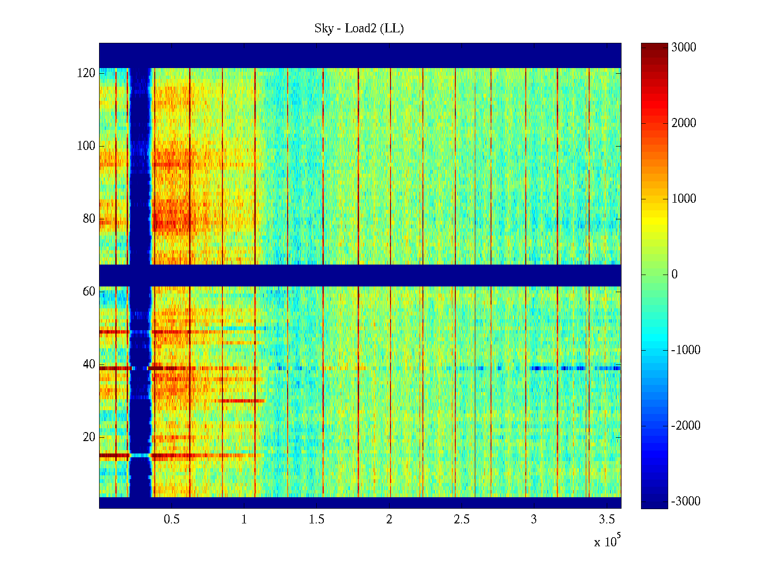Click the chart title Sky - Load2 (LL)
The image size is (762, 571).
point(359,29)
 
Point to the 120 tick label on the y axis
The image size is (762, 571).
point(86,73)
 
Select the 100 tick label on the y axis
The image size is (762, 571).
point(86,146)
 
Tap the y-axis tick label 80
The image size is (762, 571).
point(89,219)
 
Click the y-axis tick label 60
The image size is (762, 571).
point(89,292)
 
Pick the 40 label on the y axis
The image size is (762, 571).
point(89,364)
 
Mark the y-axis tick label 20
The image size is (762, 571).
point(89,437)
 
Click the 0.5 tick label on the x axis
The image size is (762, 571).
point(172,520)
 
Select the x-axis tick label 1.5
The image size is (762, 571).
point(317,520)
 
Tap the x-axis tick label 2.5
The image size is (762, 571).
point(461,520)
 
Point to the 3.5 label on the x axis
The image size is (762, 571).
point(606,520)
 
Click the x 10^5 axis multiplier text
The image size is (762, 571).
point(607,541)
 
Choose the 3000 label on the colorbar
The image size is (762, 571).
point(684,48)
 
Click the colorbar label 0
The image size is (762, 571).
point(674,275)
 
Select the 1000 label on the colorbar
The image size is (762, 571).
point(684,199)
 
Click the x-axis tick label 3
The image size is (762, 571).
point(534,520)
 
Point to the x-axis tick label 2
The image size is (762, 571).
point(389,520)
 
